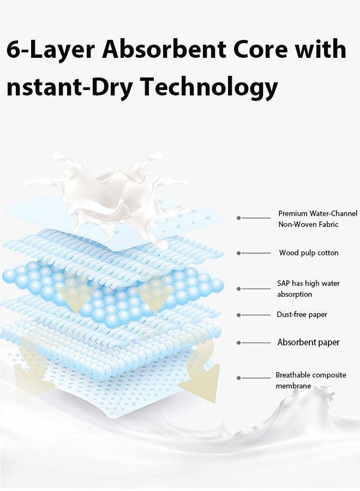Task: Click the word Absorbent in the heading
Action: [164, 49]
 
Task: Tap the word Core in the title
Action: [260, 50]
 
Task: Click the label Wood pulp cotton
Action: [309, 253]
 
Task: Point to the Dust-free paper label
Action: [302, 314]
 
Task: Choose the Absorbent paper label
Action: [308, 342]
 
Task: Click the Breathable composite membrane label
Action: [311, 380]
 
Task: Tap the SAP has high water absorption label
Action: [308, 289]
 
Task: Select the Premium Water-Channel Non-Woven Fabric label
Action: [318, 219]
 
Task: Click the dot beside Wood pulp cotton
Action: [239, 253]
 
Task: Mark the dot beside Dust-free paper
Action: [239, 315]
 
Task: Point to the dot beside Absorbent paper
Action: [239, 343]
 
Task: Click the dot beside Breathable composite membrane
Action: [239, 378]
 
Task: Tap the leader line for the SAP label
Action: [255, 289]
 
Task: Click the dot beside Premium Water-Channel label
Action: [239, 218]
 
